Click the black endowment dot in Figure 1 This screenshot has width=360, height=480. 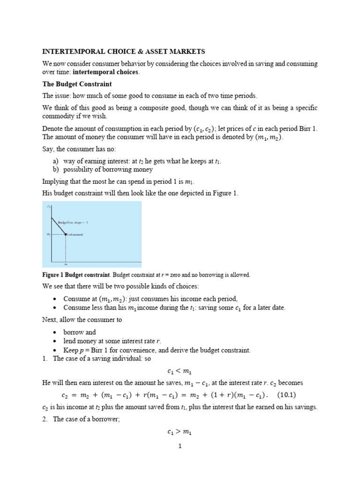(x=65, y=234)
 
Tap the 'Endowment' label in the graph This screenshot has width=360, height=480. (x=75, y=234)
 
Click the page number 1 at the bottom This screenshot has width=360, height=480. (x=180, y=446)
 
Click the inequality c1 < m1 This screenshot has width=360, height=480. (x=180, y=371)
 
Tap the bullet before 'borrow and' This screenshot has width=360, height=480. (x=55, y=332)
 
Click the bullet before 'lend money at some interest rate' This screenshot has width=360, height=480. (x=55, y=341)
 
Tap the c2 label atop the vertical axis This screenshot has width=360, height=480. (x=49, y=206)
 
